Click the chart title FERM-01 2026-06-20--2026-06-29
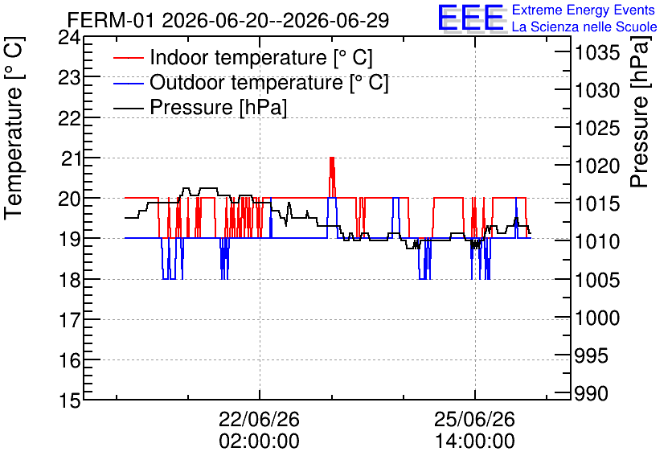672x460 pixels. [228, 20]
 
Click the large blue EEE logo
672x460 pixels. [471, 18]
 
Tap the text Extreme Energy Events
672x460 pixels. [584, 10]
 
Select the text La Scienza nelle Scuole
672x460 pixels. [584, 27]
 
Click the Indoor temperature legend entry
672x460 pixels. [243, 57]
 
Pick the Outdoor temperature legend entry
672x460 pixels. [251, 82]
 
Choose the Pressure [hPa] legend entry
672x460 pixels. [200, 107]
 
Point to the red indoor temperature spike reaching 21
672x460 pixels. [332, 177]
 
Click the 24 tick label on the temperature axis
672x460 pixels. [69, 38]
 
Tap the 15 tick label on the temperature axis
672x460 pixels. [69, 400]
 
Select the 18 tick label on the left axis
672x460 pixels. [69, 280]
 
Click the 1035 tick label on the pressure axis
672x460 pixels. [597, 53]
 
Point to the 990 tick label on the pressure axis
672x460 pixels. [592, 393]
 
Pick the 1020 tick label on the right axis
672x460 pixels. [597, 166]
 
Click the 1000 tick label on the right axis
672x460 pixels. [597, 318]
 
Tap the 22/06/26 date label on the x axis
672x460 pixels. [260, 419]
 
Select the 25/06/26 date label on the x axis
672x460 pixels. [475, 419]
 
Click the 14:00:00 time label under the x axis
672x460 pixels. [475, 442]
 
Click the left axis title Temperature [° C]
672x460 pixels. [14, 129]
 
